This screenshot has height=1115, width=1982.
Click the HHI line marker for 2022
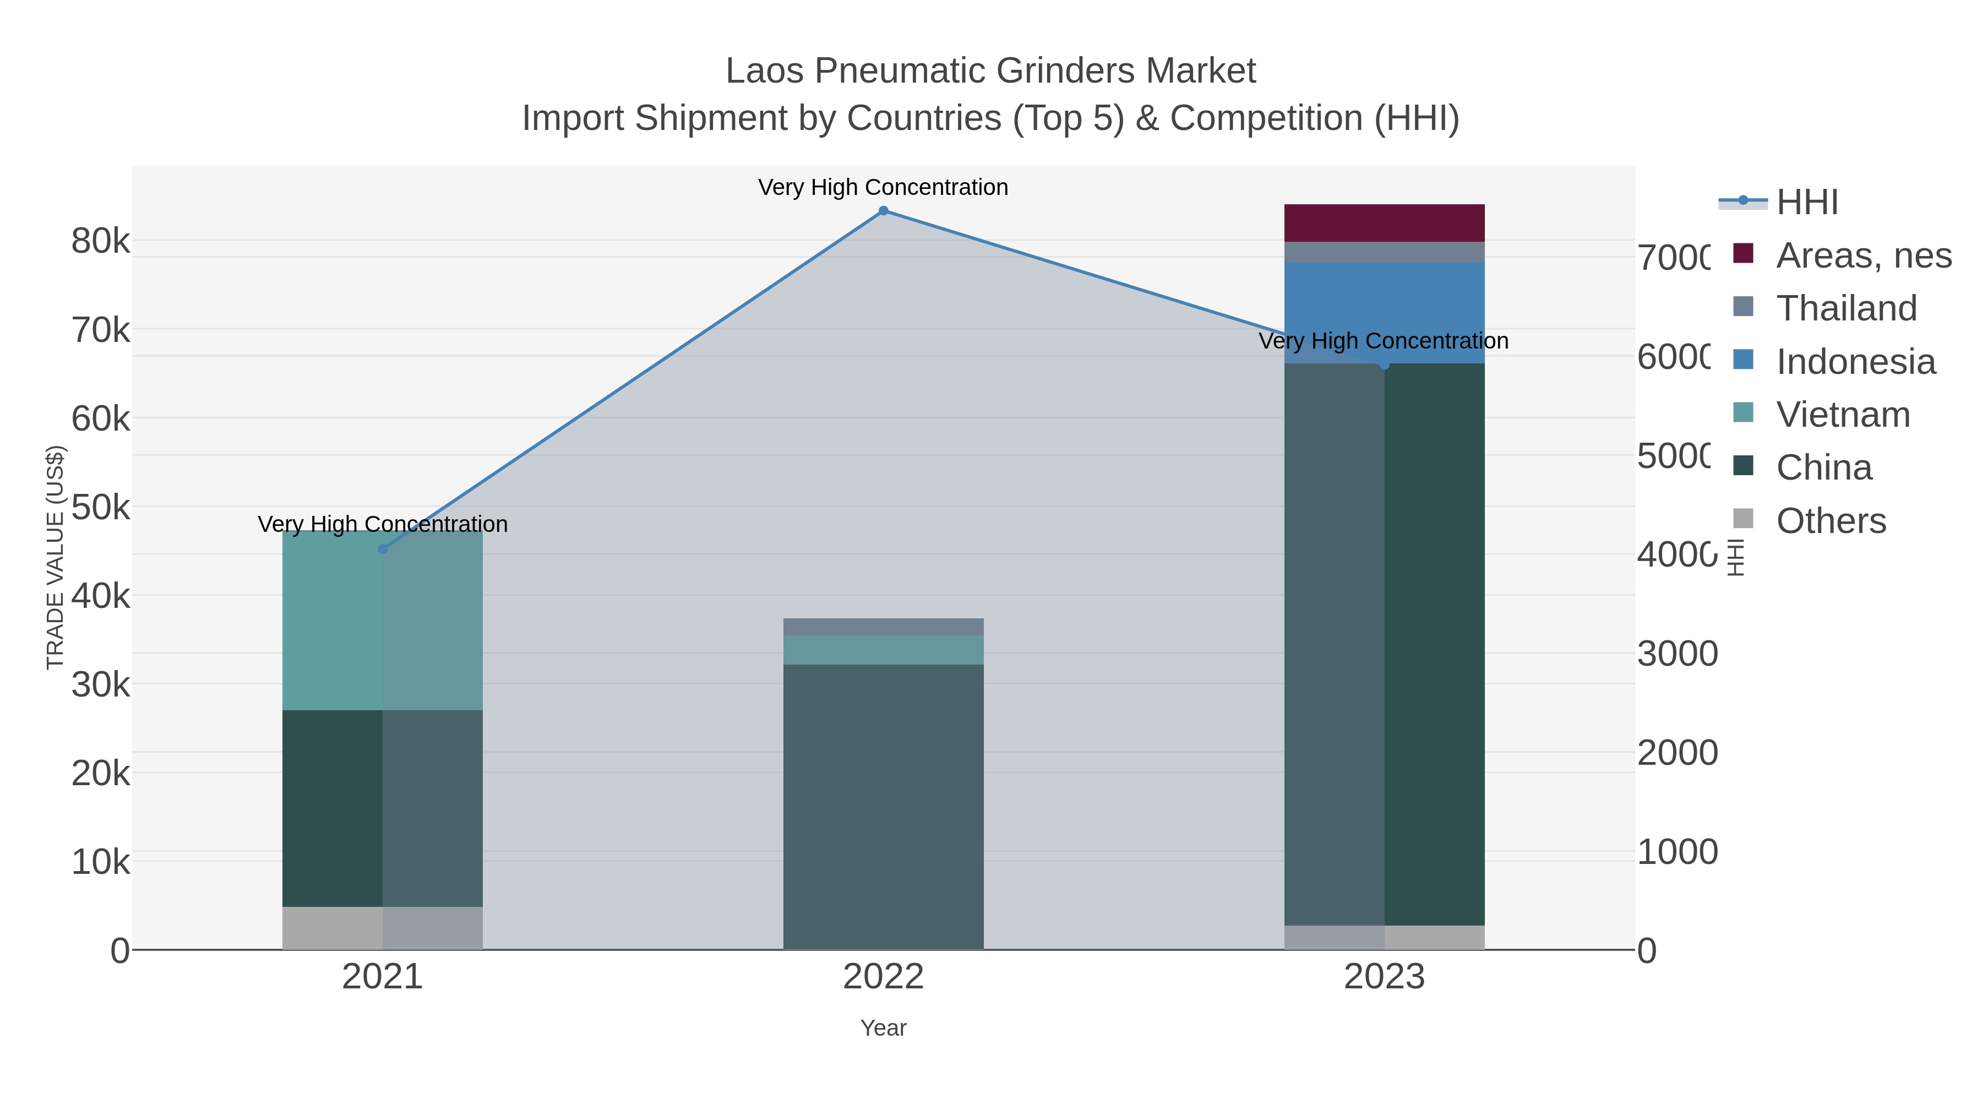point(883,211)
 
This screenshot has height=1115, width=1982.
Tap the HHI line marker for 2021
point(383,548)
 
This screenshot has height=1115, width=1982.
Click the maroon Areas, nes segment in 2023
point(1384,223)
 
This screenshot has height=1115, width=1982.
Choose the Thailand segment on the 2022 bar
point(883,627)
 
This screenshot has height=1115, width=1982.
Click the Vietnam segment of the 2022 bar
point(883,650)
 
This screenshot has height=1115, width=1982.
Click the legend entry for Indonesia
point(1855,362)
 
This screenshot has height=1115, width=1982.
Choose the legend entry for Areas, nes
point(1863,255)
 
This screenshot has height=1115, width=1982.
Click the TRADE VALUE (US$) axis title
point(56,557)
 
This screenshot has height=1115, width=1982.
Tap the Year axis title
point(883,1028)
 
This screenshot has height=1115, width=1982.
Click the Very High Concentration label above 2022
point(883,187)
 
